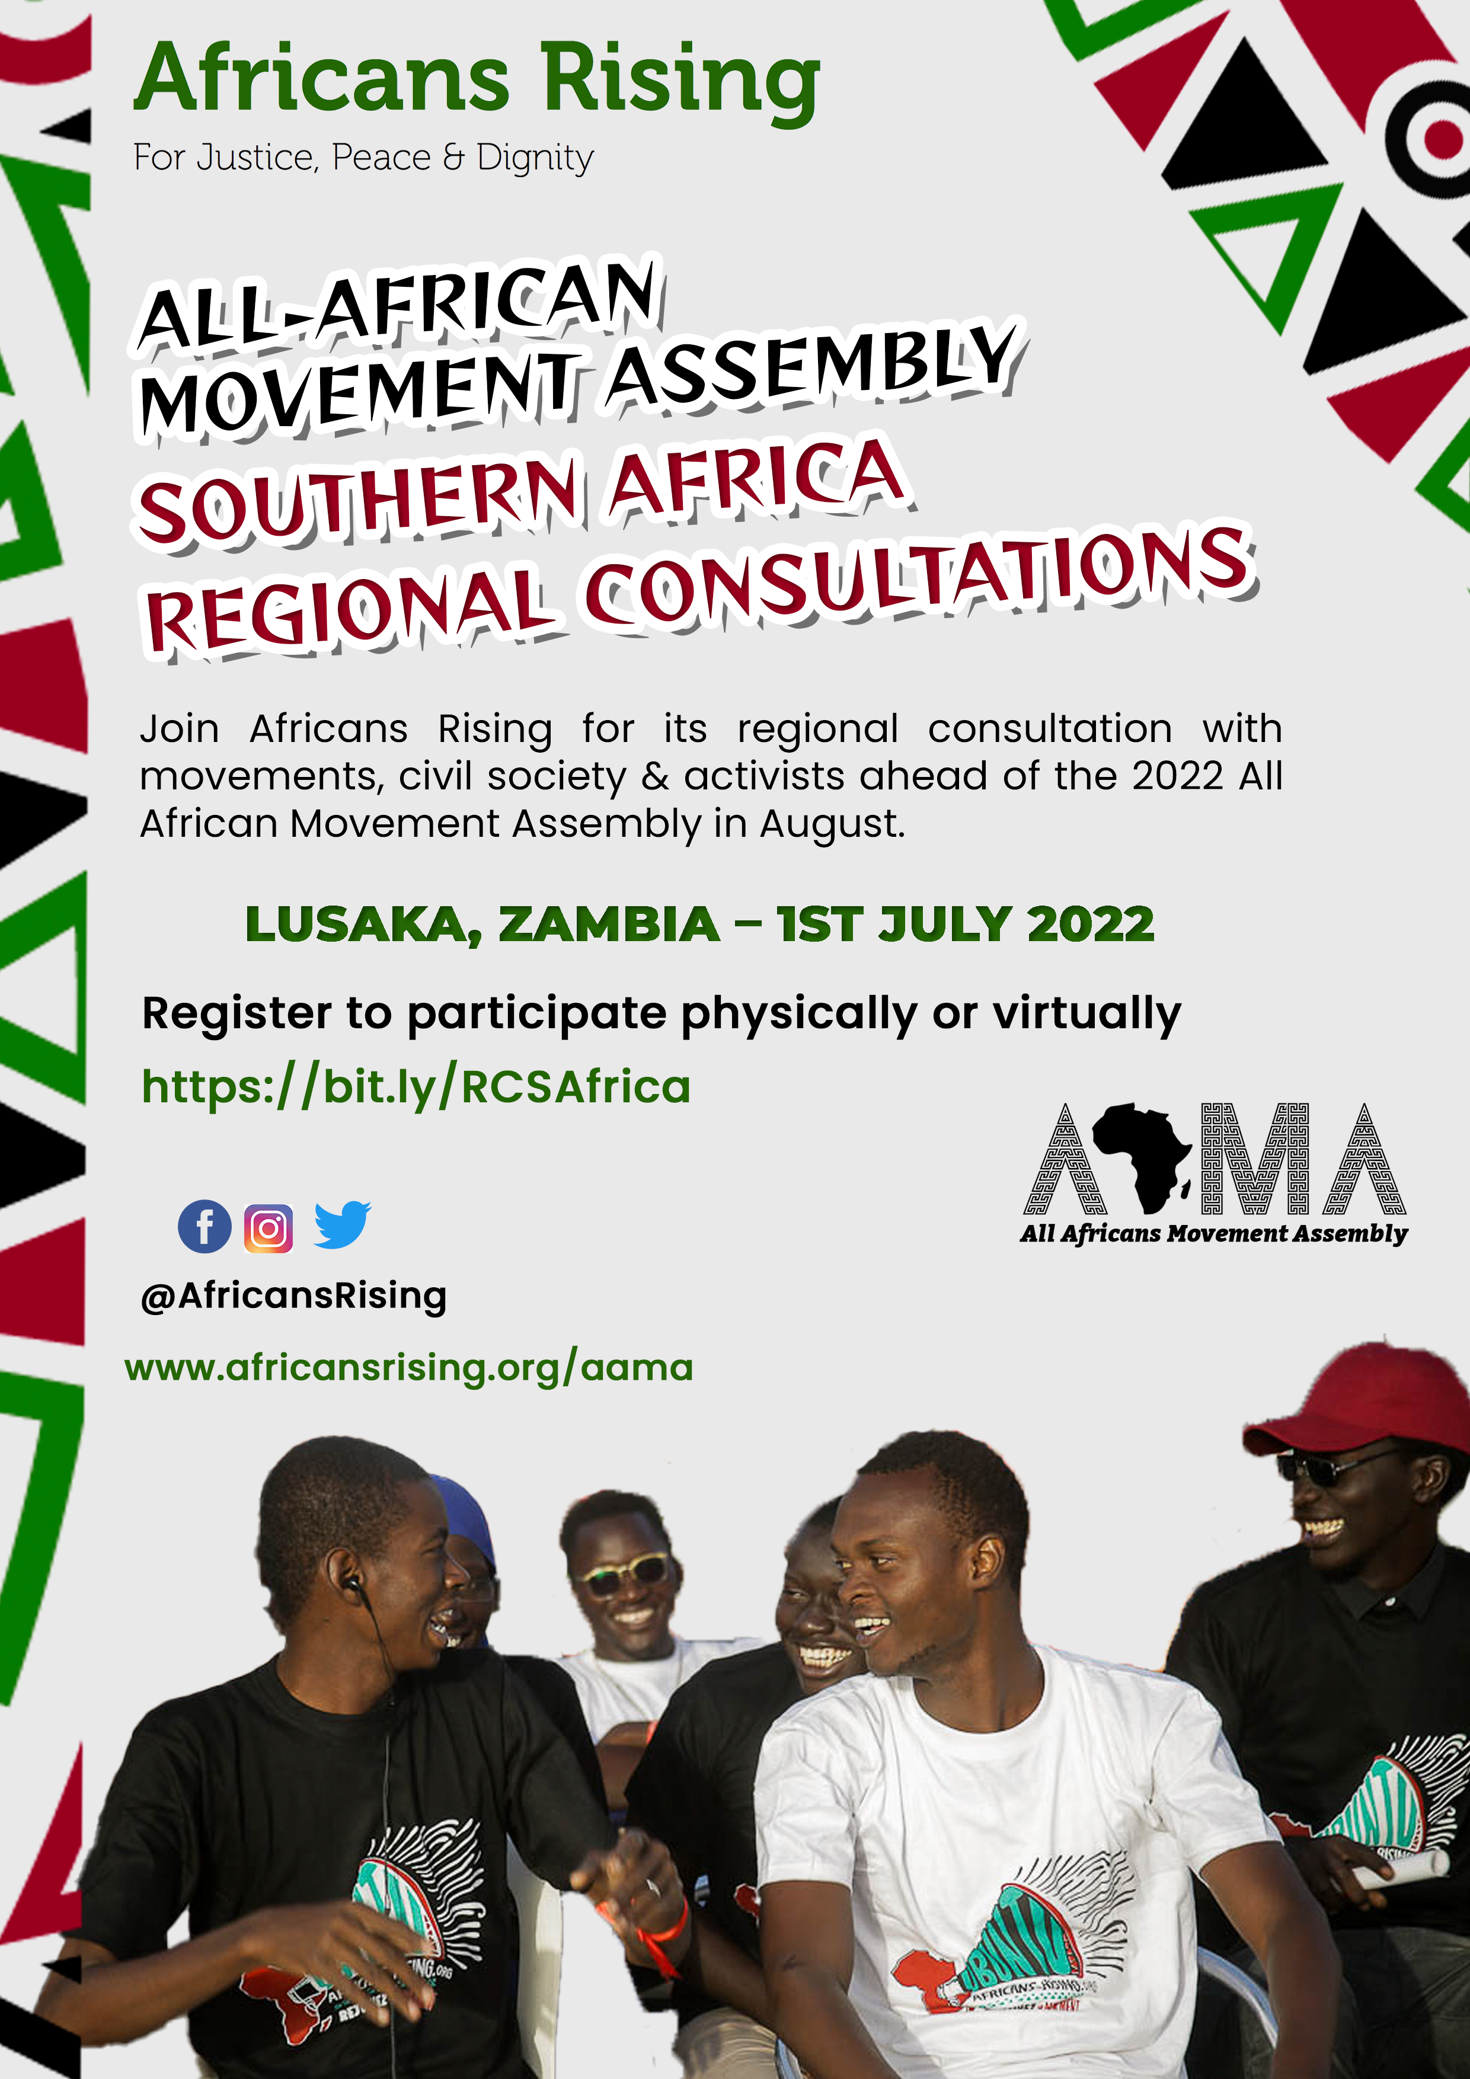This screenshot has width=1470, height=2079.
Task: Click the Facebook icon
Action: click(x=204, y=1227)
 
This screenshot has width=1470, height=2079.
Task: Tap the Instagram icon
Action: click(x=268, y=1229)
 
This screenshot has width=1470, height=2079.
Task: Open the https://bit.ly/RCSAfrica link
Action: click(x=416, y=1086)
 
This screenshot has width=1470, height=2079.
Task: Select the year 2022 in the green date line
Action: click(x=1091, y=925)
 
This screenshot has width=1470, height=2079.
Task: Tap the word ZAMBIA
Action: click(x=609, y=925)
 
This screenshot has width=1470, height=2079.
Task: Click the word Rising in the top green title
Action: click(x=681, y=82)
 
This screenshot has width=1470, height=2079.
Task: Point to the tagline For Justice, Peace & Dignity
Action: click(x=363, y=158)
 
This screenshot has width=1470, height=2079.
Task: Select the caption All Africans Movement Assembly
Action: click(x=1214, y=1234)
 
